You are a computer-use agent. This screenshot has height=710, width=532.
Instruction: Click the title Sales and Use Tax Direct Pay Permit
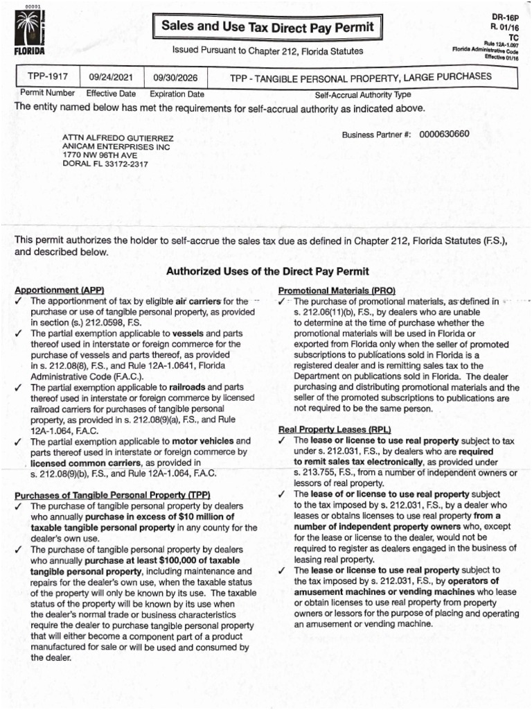267,28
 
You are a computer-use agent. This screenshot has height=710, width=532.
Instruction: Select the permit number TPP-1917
47,77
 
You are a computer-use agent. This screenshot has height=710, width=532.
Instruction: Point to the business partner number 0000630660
445,133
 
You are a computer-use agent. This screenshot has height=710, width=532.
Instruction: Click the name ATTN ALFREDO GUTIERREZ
118,138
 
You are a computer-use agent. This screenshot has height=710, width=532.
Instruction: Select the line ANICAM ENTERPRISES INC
116,147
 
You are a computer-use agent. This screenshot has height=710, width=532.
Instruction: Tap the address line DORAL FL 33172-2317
105,164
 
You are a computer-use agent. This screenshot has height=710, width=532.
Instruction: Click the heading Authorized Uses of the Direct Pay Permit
267,271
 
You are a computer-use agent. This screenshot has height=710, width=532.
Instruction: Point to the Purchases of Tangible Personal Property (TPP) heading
112,495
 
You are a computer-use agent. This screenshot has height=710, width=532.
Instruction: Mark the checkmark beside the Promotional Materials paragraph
283,302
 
